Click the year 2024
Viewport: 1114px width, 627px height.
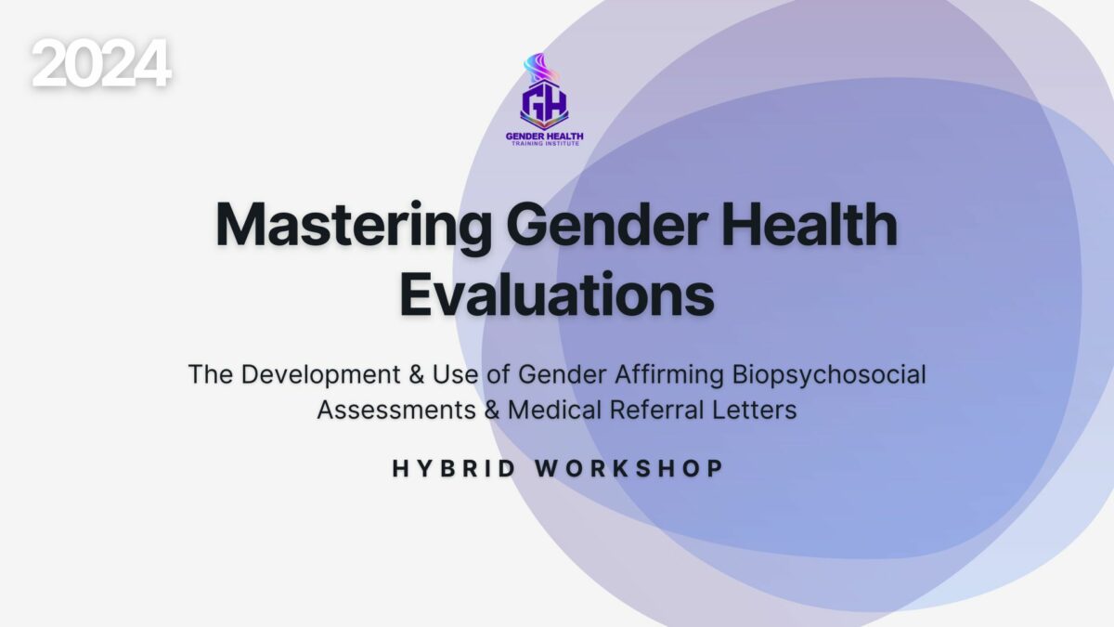[x=101, y=63]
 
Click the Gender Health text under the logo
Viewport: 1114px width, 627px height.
[x=545, y=136]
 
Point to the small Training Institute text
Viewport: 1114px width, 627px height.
[x=546, y=144]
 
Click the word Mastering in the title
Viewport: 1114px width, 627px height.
[x=354, y=227]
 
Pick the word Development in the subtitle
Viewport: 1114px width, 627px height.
[x=321, y=375]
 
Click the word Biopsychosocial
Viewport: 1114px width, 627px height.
[x=829, y=375]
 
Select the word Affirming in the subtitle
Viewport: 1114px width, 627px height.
[x=669, y=375]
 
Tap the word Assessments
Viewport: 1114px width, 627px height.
[x=396, y=411]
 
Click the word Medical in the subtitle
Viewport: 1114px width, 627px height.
[x=555, y=410]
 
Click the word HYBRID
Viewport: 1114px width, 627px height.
[x=454, y=469]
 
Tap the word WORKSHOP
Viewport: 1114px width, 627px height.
[x=629, y=469]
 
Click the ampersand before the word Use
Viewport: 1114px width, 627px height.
[x=417, y=374]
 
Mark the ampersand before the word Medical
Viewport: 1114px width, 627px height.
[x=492, y=411]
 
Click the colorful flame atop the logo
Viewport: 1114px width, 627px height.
[x=540, y=68]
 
